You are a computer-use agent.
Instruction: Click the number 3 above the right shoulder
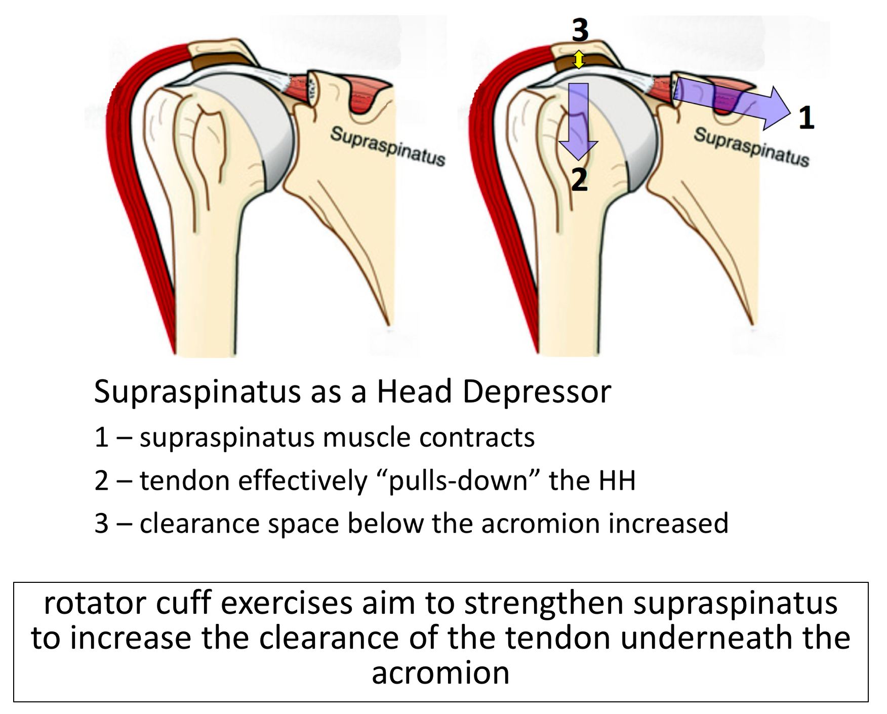tap(580, 30)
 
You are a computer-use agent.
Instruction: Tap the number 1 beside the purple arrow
tap(806, 117)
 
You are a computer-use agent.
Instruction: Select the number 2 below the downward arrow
tap(580, 179)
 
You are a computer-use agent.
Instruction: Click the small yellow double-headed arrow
tap(579, 60)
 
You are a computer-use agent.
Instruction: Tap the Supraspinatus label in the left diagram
tap(388, 146)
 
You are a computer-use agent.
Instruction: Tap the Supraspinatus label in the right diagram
tap(751, 147)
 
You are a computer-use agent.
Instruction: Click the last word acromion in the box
tap(440, 673)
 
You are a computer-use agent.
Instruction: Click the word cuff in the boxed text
tap(184, 603)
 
